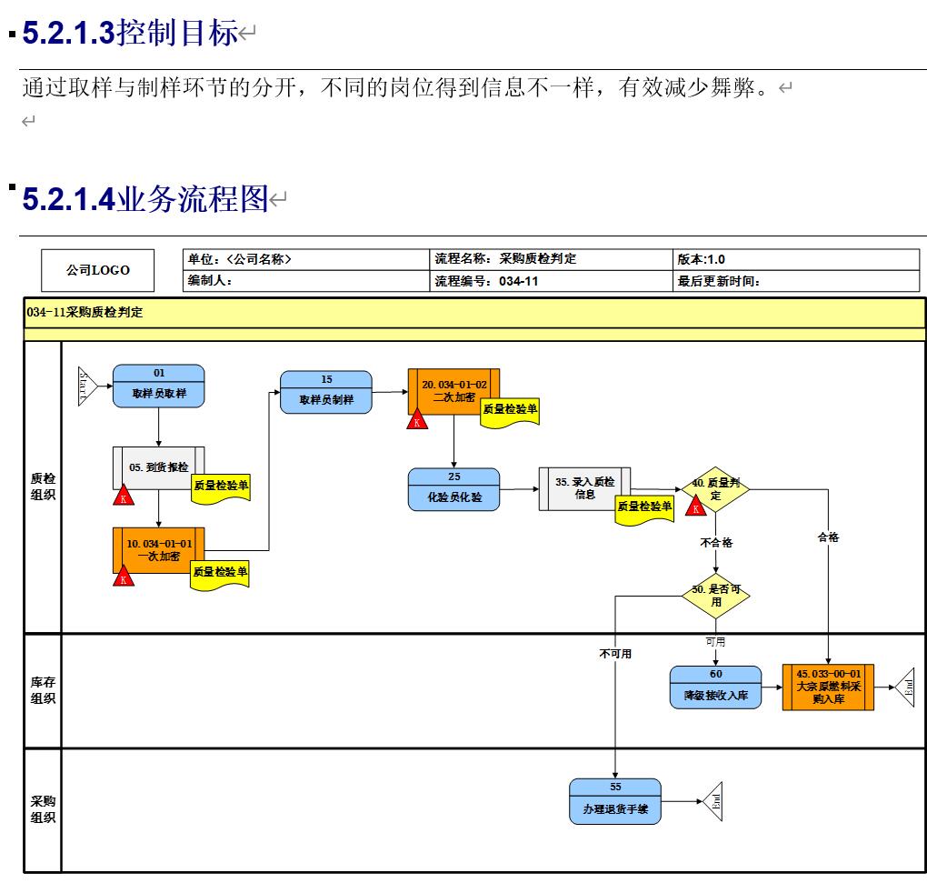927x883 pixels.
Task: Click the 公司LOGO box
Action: [x=97, y=270]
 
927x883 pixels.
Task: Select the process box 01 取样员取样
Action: [x=158, y=386]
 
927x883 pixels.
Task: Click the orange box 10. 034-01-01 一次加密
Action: [x=158, y=549]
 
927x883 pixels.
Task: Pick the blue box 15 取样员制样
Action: [x=325, y=392]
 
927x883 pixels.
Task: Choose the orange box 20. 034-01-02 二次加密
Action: [x=454, y=390]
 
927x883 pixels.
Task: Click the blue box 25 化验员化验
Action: [x=454, y=489]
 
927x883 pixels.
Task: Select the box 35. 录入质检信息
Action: [x=583, y=488]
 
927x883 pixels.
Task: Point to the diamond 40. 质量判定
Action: [x=716, y=489]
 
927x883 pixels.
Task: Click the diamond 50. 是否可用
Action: [x=716, y=596]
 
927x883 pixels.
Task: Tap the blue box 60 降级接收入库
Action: [x=715, y=687]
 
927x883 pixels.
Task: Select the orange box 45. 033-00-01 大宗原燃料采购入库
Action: [x=827, y=687]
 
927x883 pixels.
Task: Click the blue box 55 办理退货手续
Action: [x=615, y=801]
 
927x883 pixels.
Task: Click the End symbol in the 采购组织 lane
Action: [x=713, y=801]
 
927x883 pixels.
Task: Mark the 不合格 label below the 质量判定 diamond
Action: [x=716, y=542]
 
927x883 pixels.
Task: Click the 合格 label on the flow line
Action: [x=828, y=537]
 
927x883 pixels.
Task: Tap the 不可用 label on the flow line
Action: [x=615, y=653]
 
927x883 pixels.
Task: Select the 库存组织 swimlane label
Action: [x=43, y=690]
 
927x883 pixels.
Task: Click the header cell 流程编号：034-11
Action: [x=551, y=281]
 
